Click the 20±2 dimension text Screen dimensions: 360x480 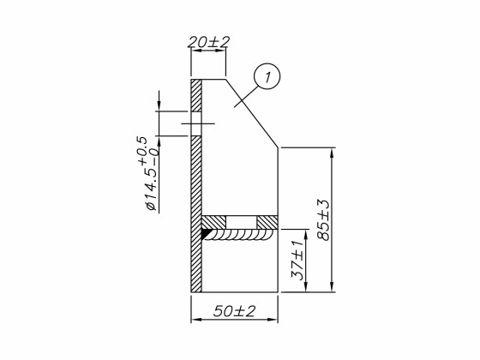[x=207, y=41]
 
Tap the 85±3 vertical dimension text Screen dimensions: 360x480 [x=323, y=219]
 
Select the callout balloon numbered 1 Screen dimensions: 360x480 [x=267, y=78]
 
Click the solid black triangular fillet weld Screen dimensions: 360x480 [x=208, y=233]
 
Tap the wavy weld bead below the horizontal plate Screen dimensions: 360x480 [x=243, y=237]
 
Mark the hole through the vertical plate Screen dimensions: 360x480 [x=196, y=123]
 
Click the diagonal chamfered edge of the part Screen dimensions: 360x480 [x=252, y=113]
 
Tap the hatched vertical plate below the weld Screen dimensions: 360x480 [x=196, y=266]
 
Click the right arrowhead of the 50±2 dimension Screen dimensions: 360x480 [x=273, y=320]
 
